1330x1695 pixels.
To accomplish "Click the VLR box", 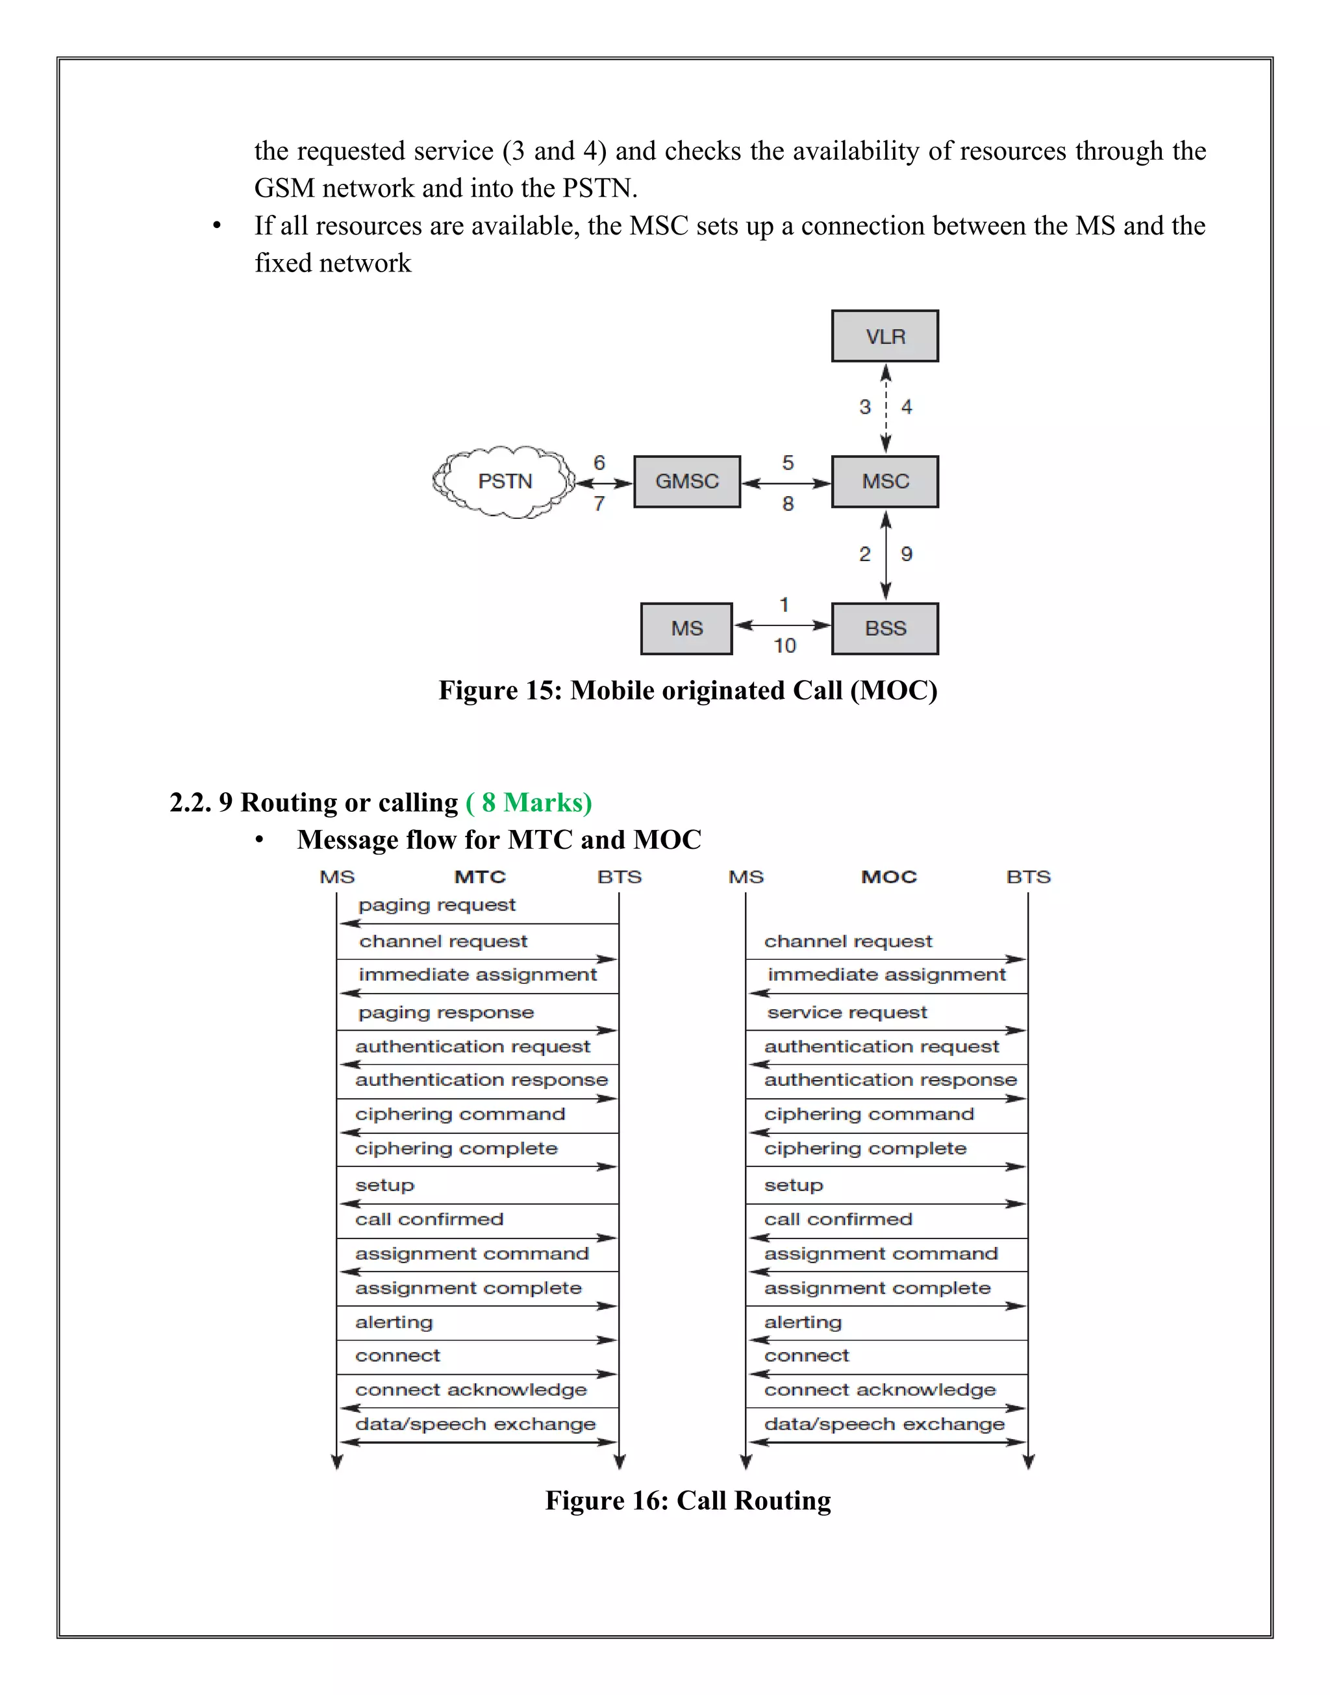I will pos(885,336).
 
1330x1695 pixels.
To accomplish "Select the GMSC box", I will pos(687,481).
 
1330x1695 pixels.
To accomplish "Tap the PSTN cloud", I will pos(505,481).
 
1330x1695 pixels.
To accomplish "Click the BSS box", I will pos(885,629).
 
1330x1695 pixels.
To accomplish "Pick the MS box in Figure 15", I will pos(686,629).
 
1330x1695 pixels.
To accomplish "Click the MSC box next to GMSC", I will pos(885,481).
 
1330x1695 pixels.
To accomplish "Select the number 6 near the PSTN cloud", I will pos(599,462).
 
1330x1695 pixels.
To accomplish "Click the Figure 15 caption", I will pos(688,690).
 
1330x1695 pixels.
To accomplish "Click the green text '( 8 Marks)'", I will pos(529,802).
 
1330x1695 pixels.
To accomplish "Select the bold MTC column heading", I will pos(480,877).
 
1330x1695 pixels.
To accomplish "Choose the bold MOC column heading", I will pos(888,877).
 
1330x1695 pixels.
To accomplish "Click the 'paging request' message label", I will pos(437,905).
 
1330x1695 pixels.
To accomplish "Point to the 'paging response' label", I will pos(445,1012).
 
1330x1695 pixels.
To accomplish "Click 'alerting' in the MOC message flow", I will pos(803,1322).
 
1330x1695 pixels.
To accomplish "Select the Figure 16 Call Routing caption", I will pos(688,1500).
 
